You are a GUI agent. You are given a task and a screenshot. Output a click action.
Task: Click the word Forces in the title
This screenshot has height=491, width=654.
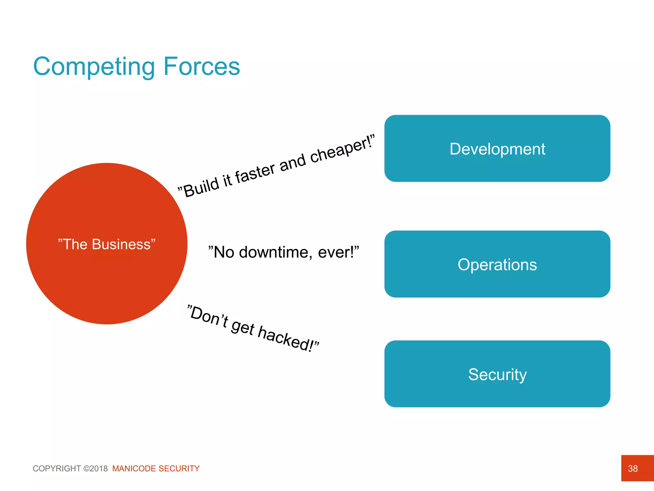202,66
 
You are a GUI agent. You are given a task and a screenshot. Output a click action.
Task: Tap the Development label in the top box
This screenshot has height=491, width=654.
497,149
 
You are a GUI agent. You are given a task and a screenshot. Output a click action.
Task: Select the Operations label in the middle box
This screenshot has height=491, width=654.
497,265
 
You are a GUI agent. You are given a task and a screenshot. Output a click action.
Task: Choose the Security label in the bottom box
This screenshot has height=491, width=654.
497,374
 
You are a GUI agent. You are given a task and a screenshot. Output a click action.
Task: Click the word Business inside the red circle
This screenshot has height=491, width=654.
121,245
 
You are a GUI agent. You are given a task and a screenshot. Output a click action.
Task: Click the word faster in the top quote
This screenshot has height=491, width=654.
255,173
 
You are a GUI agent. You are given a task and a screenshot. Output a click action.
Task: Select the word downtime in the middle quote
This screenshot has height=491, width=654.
274,252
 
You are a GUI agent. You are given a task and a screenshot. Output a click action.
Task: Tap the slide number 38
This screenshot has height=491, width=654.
633,468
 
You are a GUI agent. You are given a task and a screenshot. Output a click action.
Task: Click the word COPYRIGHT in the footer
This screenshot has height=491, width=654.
57,469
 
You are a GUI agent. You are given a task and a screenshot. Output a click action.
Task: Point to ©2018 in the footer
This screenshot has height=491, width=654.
95,469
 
